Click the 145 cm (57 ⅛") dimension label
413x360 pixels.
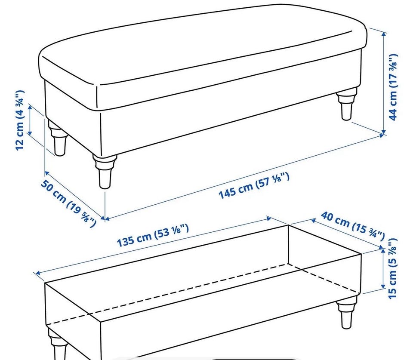click(254, 186)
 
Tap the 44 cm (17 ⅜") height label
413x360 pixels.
click(393, 87)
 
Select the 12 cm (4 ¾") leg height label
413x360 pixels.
click(20, 120)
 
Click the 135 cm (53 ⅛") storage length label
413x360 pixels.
click(153, 235)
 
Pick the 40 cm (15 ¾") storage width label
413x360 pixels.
click(352, 226)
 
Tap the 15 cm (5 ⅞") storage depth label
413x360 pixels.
click(392, 268)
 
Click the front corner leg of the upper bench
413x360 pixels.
click(105, 171)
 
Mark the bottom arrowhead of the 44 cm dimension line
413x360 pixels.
click(384, 131)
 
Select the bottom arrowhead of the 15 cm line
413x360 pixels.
click(383, 286)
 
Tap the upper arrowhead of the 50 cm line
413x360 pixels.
click(46, 173)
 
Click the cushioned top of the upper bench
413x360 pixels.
click(203, 45)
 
